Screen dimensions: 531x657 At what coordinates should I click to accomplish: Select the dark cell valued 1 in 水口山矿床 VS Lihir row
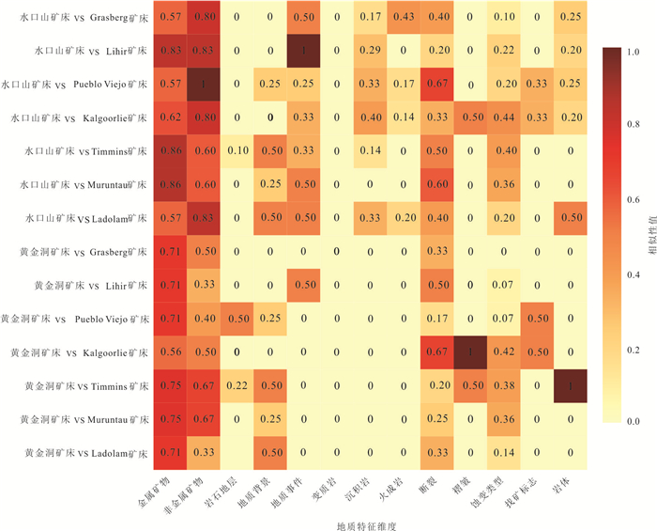click(x=302, y=51)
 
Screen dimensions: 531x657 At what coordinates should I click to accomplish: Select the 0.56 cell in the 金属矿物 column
click(x=171, y=351)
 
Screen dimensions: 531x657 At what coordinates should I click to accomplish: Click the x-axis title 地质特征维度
click(x=368, y=524)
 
